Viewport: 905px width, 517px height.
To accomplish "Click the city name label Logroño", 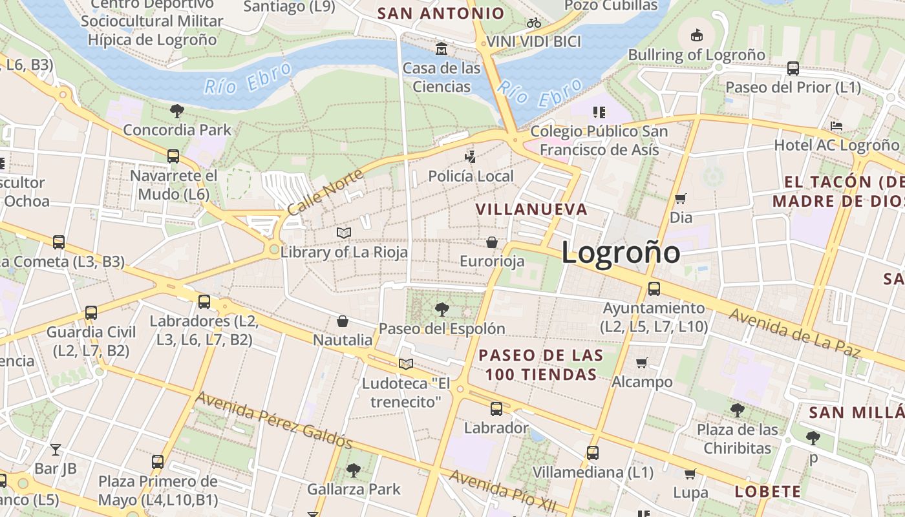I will (x=620, y=251).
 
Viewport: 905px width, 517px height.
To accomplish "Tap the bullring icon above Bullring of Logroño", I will (x=697, y=36).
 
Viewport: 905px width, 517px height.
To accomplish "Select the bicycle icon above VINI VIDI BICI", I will (x=534, y=23).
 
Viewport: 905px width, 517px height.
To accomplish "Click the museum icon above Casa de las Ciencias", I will (x=442, y=49).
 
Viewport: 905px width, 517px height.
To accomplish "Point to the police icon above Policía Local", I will (x=471, y=156).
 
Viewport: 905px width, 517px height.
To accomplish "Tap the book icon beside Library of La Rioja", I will (x=344, y=233).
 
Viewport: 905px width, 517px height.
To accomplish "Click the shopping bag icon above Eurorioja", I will (x=492, y=242).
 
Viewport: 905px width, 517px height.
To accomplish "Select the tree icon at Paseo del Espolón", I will (x=442, y=309).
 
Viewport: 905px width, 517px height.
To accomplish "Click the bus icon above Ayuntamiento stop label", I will (x=654, y=289).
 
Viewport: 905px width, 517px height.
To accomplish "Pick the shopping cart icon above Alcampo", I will (x=642, y=363).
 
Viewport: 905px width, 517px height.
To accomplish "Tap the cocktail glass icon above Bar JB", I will (x=56, y=449).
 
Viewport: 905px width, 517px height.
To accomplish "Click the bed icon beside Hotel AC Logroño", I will (x=836, y=126).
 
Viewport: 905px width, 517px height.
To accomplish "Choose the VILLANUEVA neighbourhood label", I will (x=531, y=209).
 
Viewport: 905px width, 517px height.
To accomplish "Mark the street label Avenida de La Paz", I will (x=795, y=333).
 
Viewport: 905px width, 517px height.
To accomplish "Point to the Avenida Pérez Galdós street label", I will (x=274, y=420).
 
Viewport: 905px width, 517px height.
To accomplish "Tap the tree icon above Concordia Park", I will (x=176, y=111).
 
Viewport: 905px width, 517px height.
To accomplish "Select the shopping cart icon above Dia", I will (x=680, y=198).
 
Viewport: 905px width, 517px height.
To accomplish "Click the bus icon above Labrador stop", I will (x=496, y=409).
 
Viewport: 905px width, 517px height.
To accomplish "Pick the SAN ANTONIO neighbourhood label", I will (x=440, y=14).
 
